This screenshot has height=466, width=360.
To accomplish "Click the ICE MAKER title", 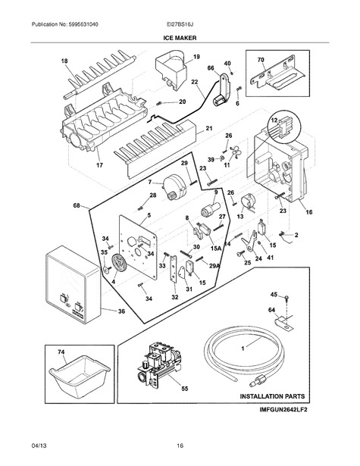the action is [180, 38].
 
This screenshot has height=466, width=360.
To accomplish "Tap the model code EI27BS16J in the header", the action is [180, 24].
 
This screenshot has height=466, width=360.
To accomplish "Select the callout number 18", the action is [64, 61].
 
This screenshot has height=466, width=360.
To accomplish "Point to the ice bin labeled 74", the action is [80, 377].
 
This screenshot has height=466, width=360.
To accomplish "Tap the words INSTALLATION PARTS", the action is [272, 396].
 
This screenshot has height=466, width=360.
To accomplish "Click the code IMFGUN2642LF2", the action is [283, 409].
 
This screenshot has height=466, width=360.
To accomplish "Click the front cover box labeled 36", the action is [73, 284].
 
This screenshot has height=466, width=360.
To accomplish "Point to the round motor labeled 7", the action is [175, 187].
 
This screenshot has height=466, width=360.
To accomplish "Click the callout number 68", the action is [77, 205].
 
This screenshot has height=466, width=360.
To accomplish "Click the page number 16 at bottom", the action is [180, 446].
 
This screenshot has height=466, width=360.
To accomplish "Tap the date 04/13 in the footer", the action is [39, 446].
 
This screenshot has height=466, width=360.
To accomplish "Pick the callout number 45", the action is [274, 295].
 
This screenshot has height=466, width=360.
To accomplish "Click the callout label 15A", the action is [216, 248].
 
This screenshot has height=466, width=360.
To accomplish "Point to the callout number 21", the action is [209, 128].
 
